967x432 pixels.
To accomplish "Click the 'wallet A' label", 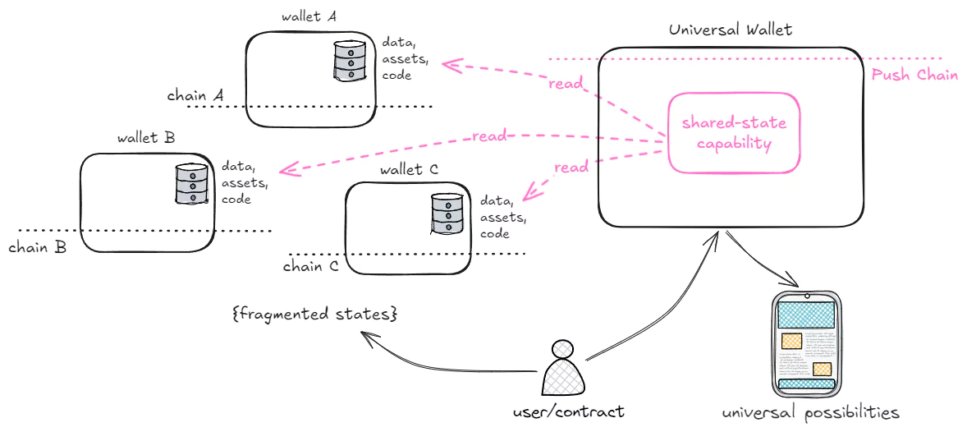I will [309, 16].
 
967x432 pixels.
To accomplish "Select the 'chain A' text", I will [195, 96].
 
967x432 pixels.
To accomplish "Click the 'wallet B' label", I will [145, 137].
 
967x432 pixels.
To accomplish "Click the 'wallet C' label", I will [409, 169].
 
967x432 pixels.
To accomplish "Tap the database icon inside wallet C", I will [447, 214].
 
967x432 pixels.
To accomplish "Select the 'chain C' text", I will [310, 266].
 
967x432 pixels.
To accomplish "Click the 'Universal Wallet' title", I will [730, 30].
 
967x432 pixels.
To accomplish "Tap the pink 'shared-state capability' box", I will [733, 133].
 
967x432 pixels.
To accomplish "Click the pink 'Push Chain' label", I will [914, 76].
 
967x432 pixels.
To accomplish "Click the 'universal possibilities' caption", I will [810, 412].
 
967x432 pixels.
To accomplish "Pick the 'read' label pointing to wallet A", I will [566, 85].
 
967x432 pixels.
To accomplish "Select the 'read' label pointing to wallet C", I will [571, 168].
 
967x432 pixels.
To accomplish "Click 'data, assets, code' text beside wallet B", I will [244, 182].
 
